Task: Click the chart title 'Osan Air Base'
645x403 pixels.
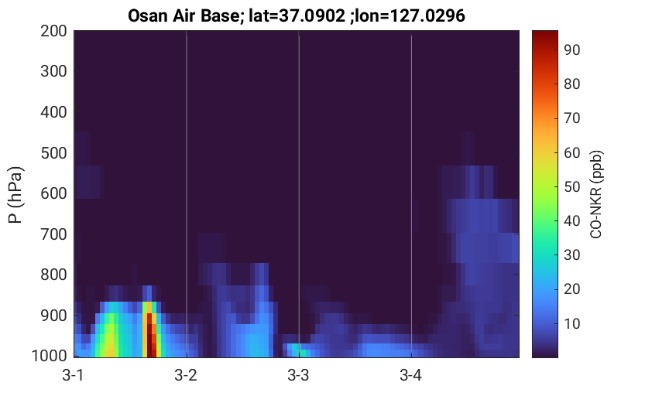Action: click(183, 16)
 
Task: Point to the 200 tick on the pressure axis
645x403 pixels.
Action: click(53, 31)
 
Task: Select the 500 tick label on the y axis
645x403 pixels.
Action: click(53, 153)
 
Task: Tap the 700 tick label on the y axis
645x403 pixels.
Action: click(53, 234)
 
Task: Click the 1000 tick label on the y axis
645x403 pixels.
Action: click(50, 356)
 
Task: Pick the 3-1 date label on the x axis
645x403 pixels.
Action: click(73, 375)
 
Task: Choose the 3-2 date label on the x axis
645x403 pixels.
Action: click(186, 375)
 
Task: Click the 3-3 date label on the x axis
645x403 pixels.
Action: click(298, 375)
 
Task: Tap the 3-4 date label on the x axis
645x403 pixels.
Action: click(411, 375)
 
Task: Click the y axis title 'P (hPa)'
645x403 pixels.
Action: click(15, 195)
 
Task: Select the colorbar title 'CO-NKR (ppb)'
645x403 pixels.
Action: click(596, 194)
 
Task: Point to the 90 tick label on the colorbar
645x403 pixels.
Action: click(571, 50)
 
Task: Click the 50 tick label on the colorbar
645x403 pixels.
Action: click(571, 187)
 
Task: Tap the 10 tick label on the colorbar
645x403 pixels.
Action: click(571, 323)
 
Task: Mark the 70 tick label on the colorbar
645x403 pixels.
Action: click(571, 118)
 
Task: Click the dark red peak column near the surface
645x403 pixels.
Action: click(150, 335)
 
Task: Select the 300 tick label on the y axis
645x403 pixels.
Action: click(53, 71)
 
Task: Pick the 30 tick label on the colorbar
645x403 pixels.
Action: click(571, 255)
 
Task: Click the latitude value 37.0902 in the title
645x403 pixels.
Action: click(312, 16)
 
